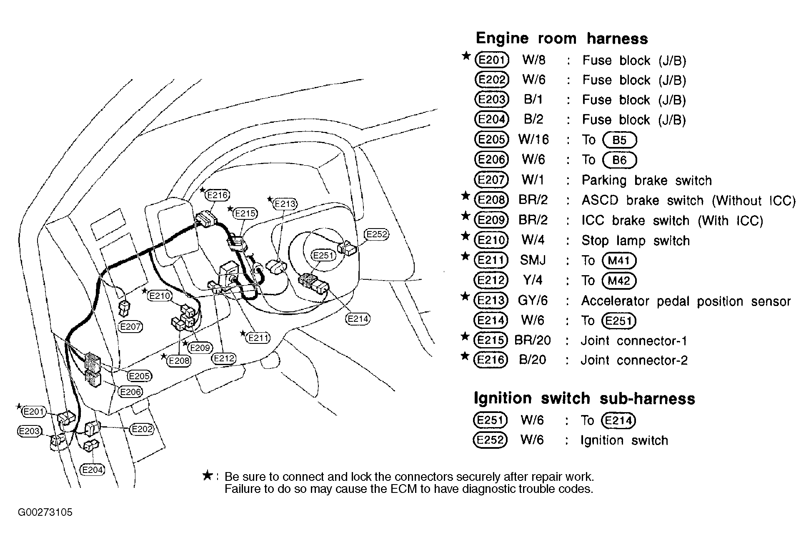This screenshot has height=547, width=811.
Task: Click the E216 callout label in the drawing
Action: point(218,195)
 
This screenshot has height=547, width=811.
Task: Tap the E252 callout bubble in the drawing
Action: point(376,234)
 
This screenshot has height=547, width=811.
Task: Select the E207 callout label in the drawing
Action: point(130,327)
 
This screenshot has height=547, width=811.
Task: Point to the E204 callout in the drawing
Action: point(92,470)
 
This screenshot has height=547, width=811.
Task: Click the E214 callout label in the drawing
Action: point(358,319)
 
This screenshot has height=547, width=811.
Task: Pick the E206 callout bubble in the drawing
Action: point(130,392)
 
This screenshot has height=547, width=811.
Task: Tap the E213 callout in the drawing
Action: point(285,204)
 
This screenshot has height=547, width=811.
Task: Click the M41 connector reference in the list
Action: point(619,261)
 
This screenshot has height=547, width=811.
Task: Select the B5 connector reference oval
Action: point(620,140)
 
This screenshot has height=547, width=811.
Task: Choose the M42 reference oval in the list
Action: point(619,281)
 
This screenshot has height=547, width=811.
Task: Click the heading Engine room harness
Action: point(562,38)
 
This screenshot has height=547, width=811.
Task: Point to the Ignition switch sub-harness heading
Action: point(584,398)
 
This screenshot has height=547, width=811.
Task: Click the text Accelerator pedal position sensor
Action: point(686,301)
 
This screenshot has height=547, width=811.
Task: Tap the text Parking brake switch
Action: point(646,180)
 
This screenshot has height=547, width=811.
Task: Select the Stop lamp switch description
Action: point(636,241)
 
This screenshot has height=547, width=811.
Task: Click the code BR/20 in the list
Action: point(532,341)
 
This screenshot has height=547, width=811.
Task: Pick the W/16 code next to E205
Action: point(533,139)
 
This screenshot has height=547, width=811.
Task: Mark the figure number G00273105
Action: point(45,512)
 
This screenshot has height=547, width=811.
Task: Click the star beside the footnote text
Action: point(207,475)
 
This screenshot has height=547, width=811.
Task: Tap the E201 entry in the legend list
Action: point(492,60)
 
